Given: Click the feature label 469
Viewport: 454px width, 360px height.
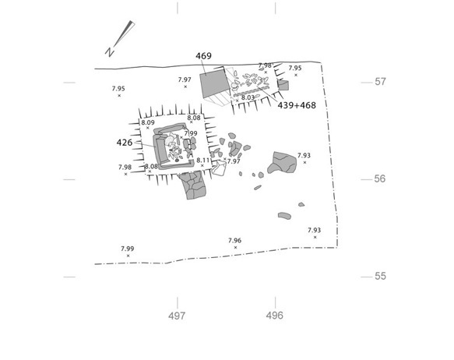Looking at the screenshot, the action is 203,56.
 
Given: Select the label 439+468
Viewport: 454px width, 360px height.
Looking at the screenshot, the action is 297,105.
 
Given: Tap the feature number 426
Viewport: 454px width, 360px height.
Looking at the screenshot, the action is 125,143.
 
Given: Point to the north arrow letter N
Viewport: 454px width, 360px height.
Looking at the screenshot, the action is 109,52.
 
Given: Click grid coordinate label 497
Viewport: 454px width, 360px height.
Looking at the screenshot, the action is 177,316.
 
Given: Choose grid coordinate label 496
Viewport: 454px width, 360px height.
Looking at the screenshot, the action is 274,316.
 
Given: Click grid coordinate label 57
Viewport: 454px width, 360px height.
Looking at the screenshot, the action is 380,82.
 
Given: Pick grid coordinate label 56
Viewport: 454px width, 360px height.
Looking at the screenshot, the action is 380,178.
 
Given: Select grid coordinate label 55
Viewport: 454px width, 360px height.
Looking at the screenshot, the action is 380,276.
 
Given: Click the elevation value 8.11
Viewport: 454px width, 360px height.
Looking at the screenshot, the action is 203,161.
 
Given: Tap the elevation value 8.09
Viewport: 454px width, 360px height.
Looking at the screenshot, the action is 148,123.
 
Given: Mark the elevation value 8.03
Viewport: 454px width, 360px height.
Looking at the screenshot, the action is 248,97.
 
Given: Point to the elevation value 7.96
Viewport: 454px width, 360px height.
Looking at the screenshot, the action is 234,241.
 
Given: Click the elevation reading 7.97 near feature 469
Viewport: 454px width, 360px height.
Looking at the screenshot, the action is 185,79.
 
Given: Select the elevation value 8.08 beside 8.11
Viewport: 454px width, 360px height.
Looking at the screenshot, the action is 151,167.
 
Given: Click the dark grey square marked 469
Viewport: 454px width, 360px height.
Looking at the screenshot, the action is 213,83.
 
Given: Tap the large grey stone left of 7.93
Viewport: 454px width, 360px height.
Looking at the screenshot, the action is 282,163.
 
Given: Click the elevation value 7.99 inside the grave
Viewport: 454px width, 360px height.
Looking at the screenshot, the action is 191,133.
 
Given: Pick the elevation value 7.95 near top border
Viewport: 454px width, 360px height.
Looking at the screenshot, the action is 295,69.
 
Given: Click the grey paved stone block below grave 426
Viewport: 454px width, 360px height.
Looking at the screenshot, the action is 192,185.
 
